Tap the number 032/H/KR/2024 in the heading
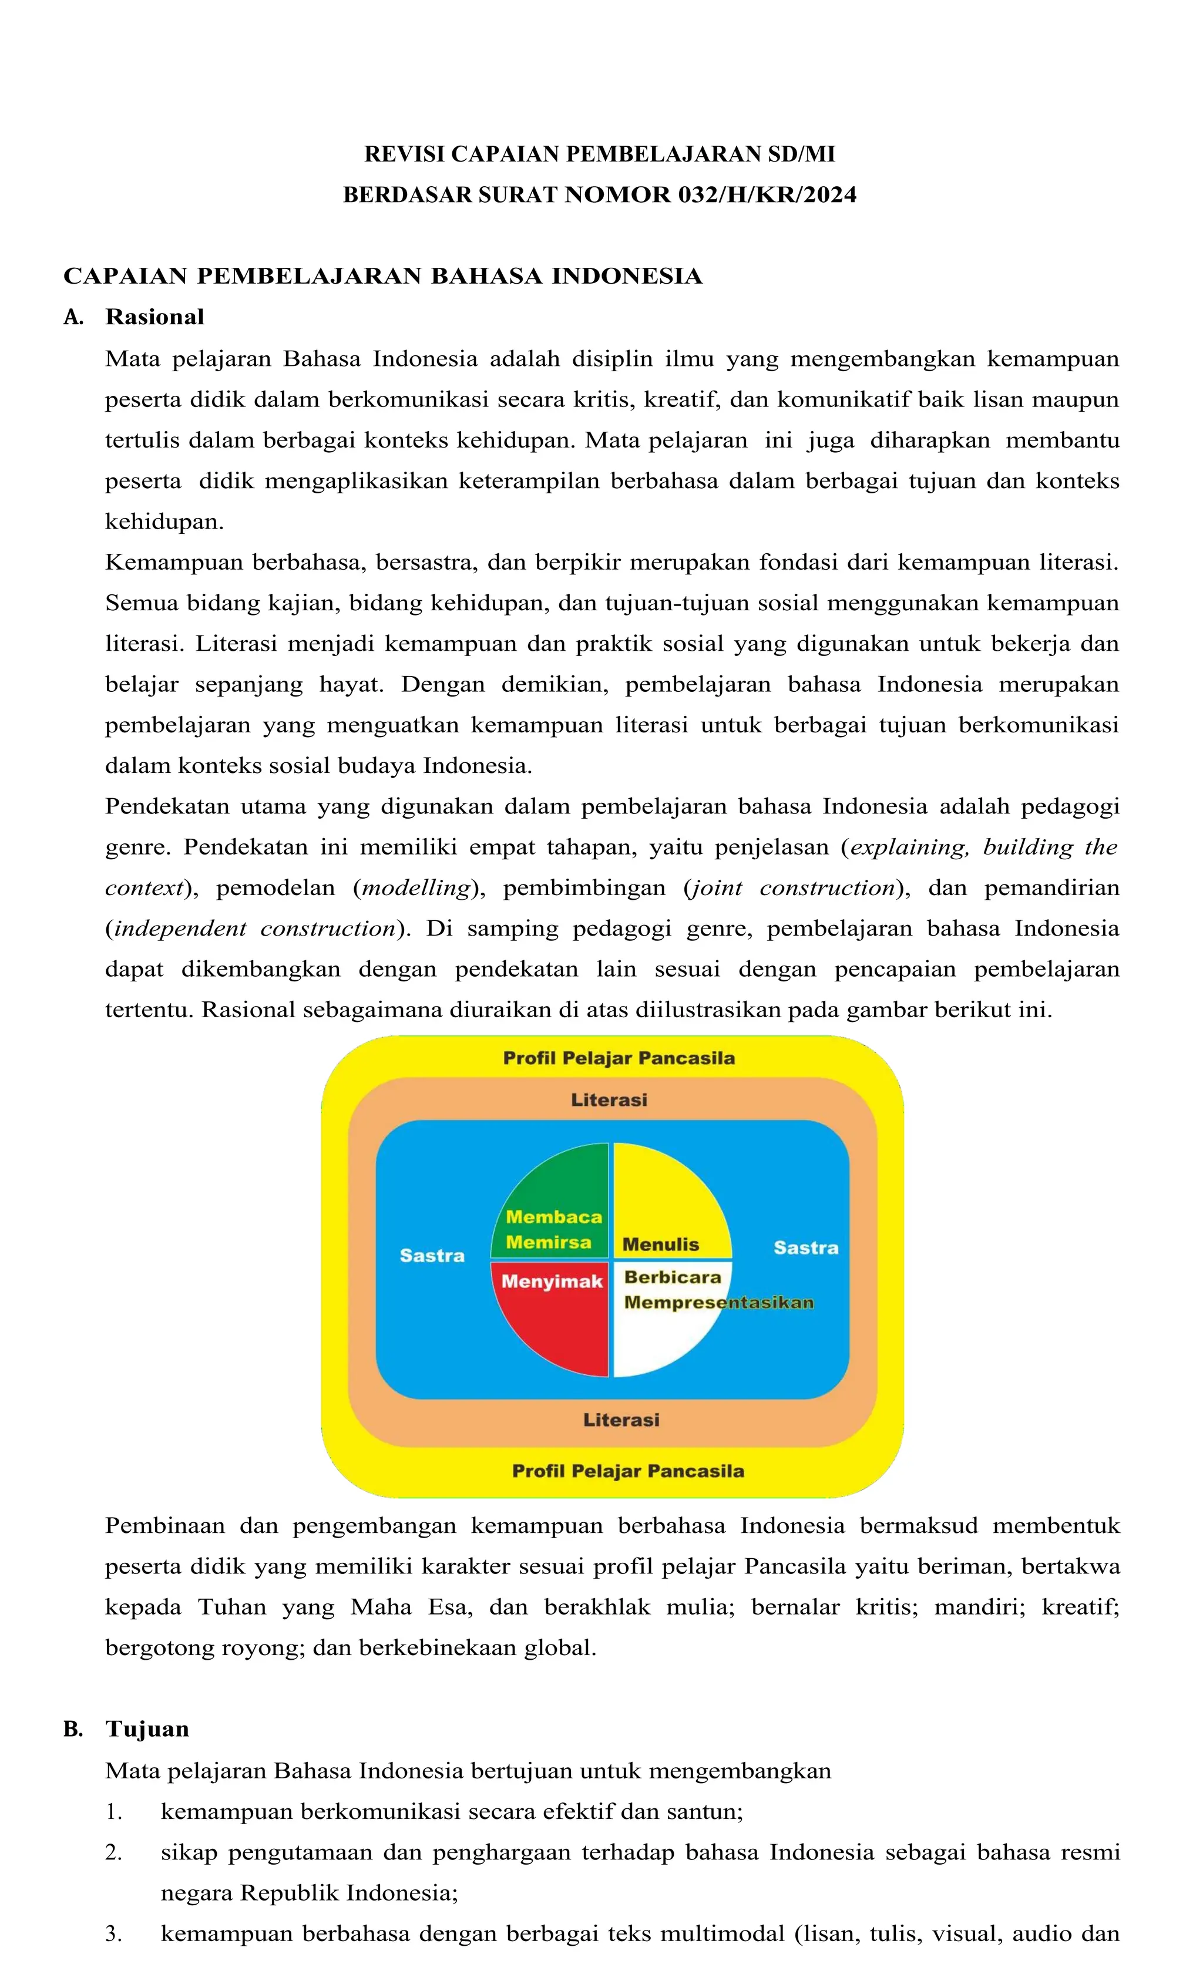pyautogui.click(x=767, y=194)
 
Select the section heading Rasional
pyautogui.click(x=154, y=317)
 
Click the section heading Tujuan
pyautogui.click(x=147, y=1728)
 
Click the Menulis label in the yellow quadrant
pyautogui.click(x=660, y=1245)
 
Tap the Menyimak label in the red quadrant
pyautogui.click(x=552, y=1281)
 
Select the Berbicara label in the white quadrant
pyautogui.click(x=672, y=1277)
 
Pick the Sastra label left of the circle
pyautogui.click(x=432, y=1255)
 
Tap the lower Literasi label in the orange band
pyautogui.click(x=621, y=1419)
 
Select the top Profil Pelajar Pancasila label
pyautogui.click(x=619, y=1057)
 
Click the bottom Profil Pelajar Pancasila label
pyautogui.click(x=627, y=1471)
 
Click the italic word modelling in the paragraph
pyautogui.click(x=416, y=887)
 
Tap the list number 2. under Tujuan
pyautogui.click(x=113, y=1852)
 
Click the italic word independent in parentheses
pyautogui.click(x=180, y=929)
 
